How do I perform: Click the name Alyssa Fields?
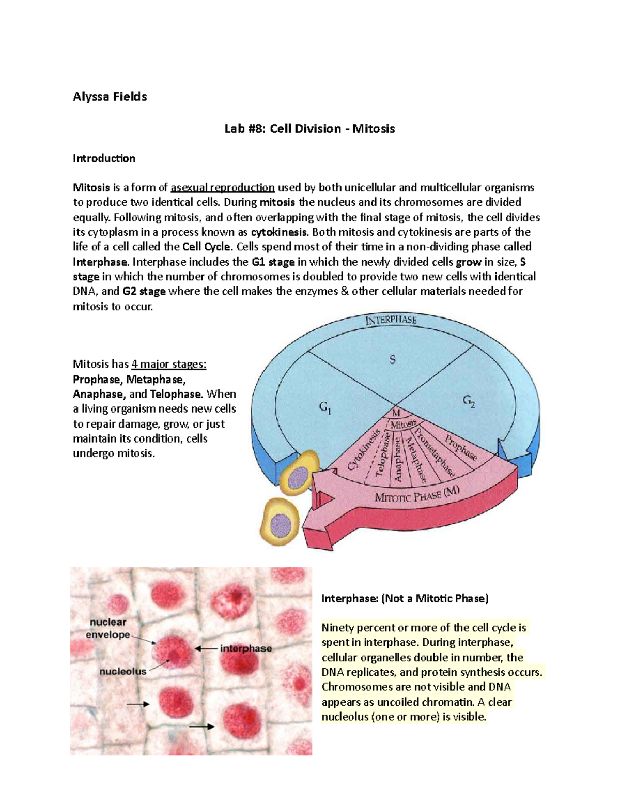[110, 97]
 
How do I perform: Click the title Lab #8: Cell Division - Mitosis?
[309, 129]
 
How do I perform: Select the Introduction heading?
[104, 158]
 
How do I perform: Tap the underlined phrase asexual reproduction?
[223, 187]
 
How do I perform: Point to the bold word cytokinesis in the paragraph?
[279, 232]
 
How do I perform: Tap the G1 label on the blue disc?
[325, 407]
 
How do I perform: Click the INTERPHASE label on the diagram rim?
[391, 320]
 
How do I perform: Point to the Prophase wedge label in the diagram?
[461, 446]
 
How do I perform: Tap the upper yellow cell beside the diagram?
[300, 473]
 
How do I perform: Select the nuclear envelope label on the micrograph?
[108, 628]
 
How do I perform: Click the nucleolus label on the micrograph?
[123, 671]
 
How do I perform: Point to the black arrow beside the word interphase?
[205, 648]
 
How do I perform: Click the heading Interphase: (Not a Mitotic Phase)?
[405, 599]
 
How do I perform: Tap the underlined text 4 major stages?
[169, 365]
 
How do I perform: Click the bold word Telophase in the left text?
[175, 394]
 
